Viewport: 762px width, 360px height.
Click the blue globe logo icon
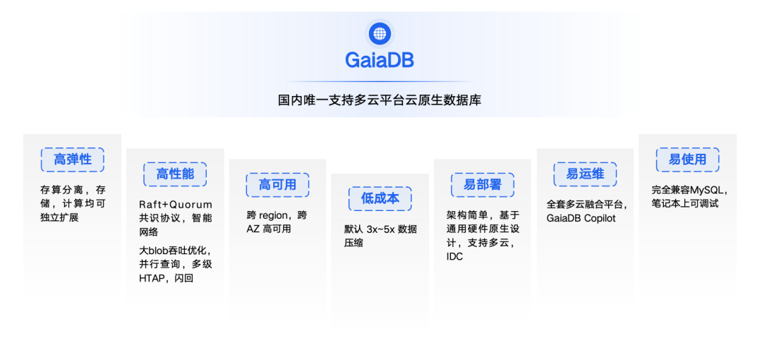click(380, 33)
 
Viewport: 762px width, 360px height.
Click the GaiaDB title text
click(380, 60)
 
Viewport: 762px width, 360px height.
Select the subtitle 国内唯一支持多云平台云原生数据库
click(380, 100)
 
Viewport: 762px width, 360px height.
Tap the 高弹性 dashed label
click(73, 160)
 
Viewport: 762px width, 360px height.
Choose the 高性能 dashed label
click(175, 174)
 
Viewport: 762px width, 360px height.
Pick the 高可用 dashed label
click(277, 185)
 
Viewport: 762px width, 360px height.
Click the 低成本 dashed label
click(380, 198)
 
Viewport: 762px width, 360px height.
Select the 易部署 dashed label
click(482, 185)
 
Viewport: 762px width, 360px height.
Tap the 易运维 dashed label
click(585, 174)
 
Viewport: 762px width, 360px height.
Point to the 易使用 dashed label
click(687, 160)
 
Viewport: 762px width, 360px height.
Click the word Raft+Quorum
click(175, 205)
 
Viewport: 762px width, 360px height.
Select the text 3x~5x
click(381, 229)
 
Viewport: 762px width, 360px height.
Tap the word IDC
click(454, 256)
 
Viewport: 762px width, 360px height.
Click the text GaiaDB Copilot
click(581, 218)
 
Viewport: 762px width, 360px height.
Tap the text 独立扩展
click(59, 217)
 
